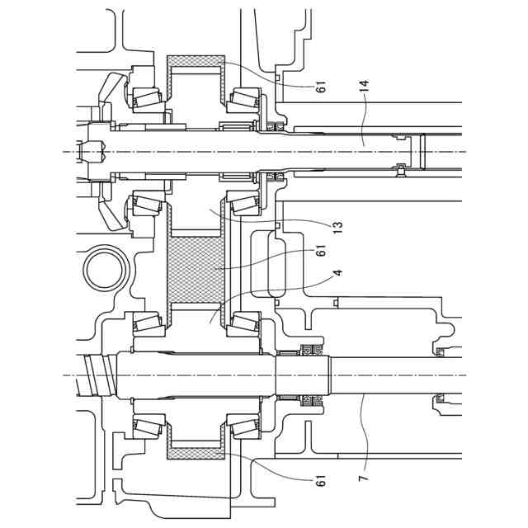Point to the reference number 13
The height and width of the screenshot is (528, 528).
pyautogui.click(x=337, y=224)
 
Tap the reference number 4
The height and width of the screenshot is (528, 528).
pyautogui.click(x=337, y=272)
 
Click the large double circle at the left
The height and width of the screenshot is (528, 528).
pyautogui.click(x=105, y=268)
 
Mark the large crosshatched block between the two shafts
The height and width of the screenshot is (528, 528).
pyautogui.click(x=196, y=267)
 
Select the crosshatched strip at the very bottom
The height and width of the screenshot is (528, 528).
pyautogui.click(x=196, y=452)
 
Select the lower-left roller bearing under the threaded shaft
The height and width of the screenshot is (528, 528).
pyautogui.click(x=147, y=427)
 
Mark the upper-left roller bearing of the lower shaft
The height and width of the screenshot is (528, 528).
pyautogui.click(x=147, y=323)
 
